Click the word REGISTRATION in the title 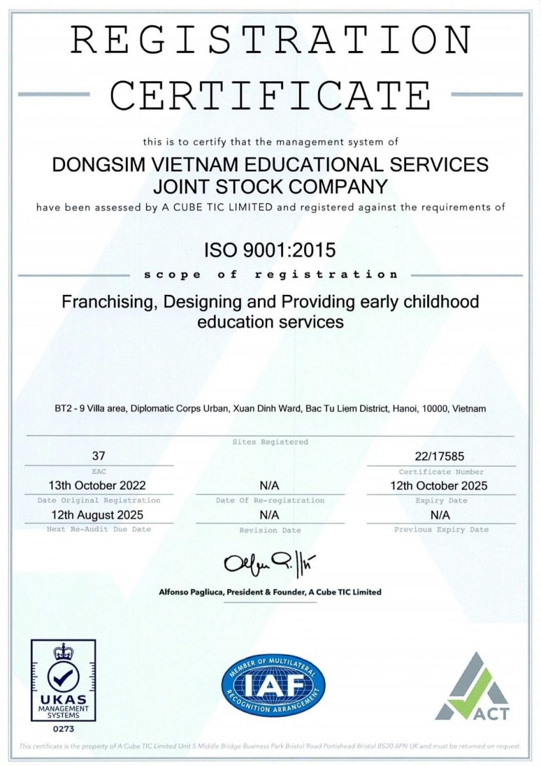(x=271, y=40)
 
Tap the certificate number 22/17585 (x=439, y=456)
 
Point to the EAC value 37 (x=98, y=456)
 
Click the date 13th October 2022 (x=98, y=486)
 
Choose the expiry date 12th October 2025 (x=439, y=486)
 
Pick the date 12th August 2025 (x=98, y=514)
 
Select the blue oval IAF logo (x=273, y=686)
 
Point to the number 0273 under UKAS (x=63, y=728)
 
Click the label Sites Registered (x=270, y=442)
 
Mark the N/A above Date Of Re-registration (x=270, y=486)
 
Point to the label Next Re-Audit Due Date (x=98, y=529)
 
